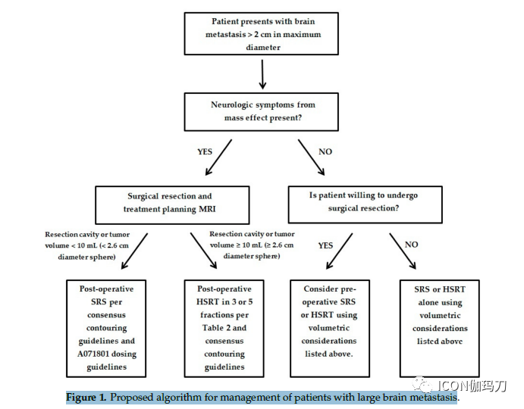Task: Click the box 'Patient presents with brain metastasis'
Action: [x=262, y=34]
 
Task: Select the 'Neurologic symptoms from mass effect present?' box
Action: [x=262, y=112]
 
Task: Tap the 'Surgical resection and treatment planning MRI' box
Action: [x=172, y=205]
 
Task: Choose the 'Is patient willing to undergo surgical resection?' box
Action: [x=366, y=204]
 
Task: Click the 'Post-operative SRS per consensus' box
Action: [x=106, y=329]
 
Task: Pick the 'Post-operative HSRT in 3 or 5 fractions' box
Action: [x=224, y=329]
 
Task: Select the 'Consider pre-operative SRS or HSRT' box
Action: [x=330, y=329]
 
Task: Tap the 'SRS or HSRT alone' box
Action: [x=440, y=329]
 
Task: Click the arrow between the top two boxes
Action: [x=262, y=74]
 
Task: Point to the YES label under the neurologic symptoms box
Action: [x=205, y=152]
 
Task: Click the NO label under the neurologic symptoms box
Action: [x=325, y=152]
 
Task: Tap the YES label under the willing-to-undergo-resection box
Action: [x=325, y=245]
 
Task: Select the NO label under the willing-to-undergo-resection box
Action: [x=411, y=245]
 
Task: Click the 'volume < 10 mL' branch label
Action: [x=87, y=245]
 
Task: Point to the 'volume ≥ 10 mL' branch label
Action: [x=252, y=245]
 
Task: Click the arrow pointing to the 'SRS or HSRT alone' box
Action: [x=403, y=251]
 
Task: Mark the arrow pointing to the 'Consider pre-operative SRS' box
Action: [x=339, y=251]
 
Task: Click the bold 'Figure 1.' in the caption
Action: [x=86, y=398]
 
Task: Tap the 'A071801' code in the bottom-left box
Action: [x=92, y=354]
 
